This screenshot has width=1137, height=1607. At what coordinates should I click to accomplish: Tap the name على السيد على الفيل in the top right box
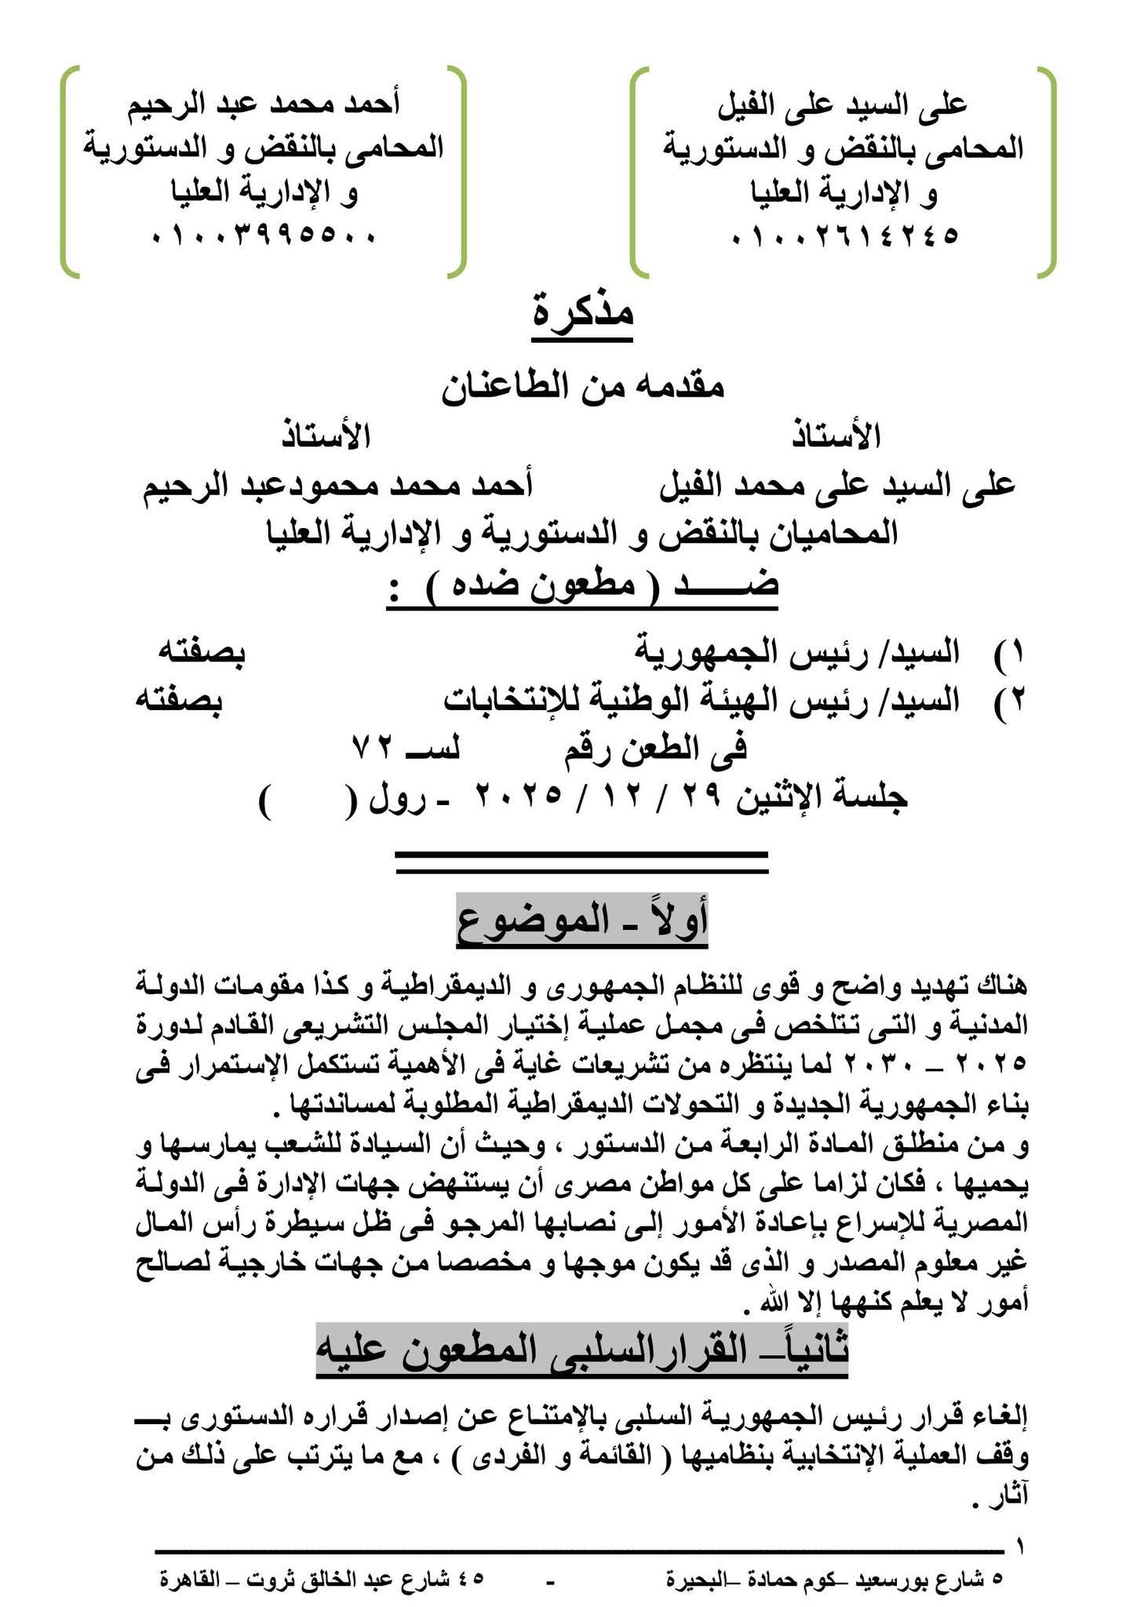[x=843, y=104]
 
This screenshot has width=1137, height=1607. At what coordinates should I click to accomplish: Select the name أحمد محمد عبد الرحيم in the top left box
[x=264, y=104]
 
